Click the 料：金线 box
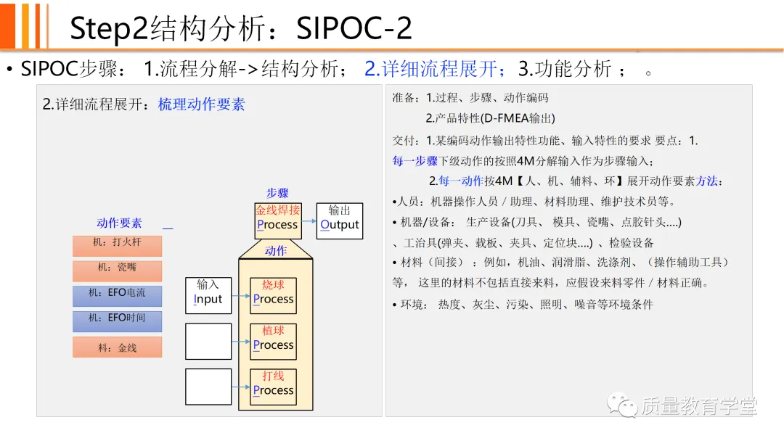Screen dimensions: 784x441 [117, 347]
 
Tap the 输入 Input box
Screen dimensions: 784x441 [208, 295]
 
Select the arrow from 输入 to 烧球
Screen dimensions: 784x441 [240, 296]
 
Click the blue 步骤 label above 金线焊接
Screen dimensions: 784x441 [277, 193]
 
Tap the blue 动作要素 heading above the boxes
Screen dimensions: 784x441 [119, 223]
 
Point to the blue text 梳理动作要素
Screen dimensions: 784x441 [202, 104]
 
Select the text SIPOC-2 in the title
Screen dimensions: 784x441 [354, 28]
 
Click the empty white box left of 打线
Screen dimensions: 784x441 [208, 387]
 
